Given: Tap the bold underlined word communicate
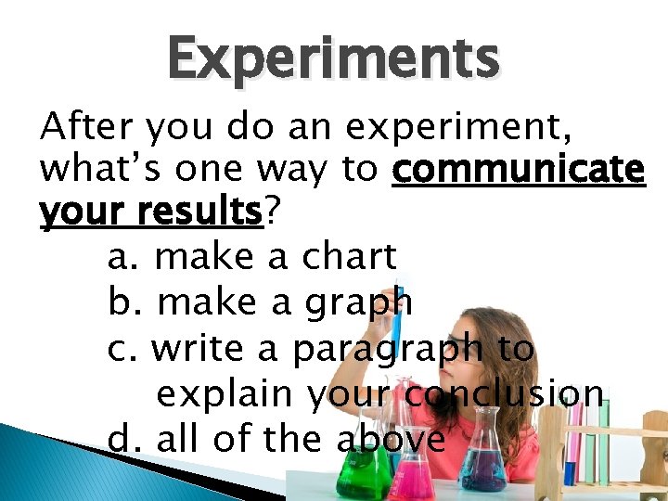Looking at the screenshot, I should coord(519,171).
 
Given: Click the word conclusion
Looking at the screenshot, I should coord(507,393).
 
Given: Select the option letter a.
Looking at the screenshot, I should coord(121,258).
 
